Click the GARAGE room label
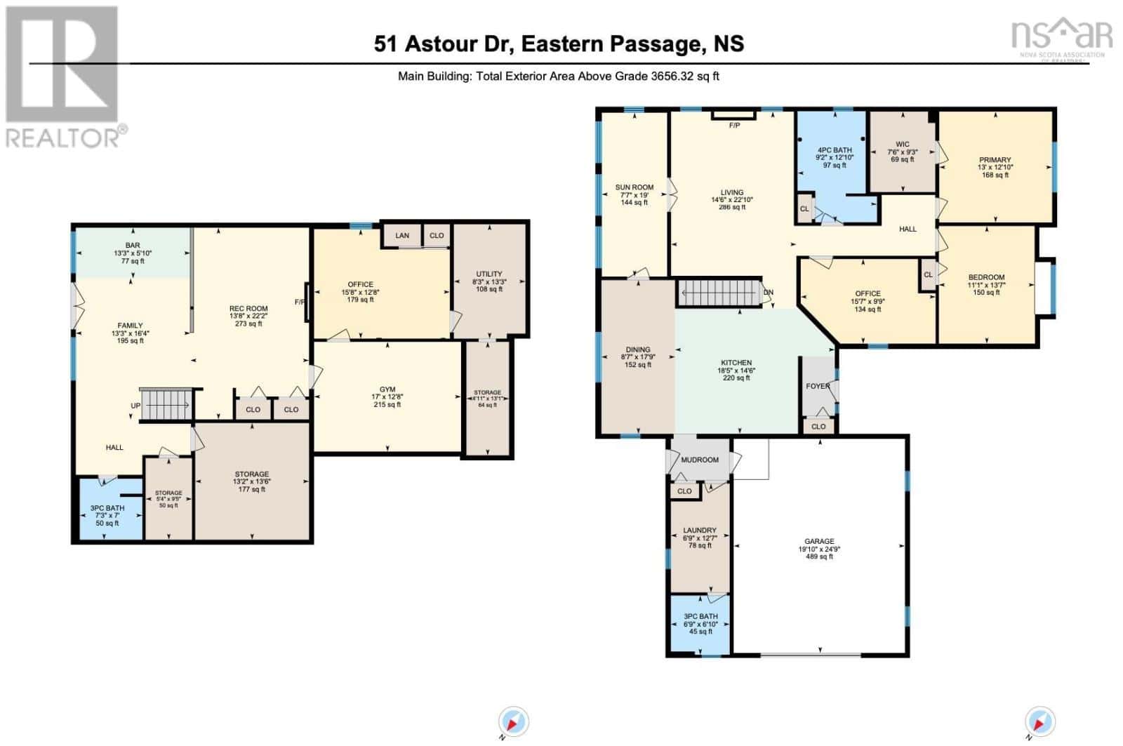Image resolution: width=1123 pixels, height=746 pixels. tap(819, 541)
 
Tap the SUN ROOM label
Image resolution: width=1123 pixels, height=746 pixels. tap(634, 187)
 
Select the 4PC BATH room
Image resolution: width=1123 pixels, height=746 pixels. tap(834, 150)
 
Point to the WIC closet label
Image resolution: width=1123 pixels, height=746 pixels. tap(902, 145)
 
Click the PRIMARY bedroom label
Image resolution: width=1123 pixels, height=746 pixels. tap(995, 160)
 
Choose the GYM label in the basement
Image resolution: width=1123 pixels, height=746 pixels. tap(387, 389)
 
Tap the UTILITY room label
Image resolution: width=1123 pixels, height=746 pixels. tap(489, 274)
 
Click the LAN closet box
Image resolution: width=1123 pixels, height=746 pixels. tap(401, 236)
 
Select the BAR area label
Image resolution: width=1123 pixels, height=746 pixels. tap(133, 246)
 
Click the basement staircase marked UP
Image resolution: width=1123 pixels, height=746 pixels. tap(166, 405)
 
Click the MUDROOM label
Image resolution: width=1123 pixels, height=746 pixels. tap(699, 460)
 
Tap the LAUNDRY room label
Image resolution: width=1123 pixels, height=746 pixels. tap(699, 531)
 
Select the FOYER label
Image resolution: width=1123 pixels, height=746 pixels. tap(818, 386)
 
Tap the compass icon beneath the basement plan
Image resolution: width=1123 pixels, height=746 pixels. tap(514, 722)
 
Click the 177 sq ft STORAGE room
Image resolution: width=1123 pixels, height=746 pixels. tap(251, 481)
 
